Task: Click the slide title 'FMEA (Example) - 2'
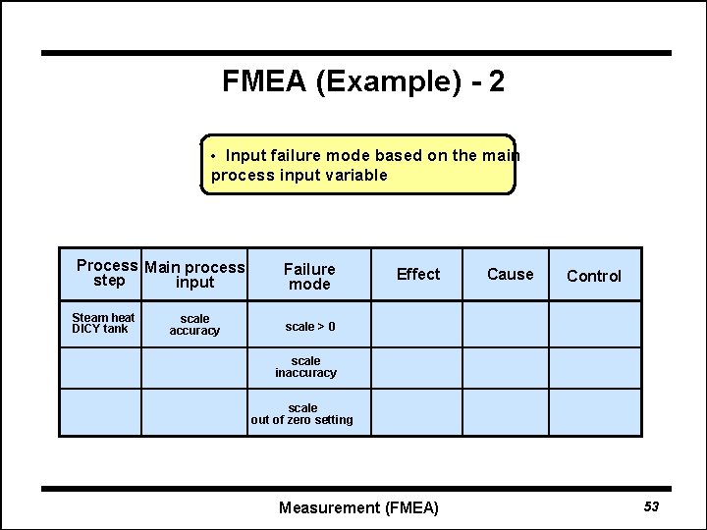[363, 81]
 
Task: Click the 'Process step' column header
[108, 273]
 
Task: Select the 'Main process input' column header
[194, 275]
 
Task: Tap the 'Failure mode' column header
[309, 276]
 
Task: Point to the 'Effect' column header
[418, 274]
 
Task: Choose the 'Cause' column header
[511, 274]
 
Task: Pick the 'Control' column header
[594, 276]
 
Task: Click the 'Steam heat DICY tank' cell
[103, 323]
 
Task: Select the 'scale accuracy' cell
[194, 325]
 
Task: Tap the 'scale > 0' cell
[309, 326]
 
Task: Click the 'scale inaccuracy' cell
[305, 367]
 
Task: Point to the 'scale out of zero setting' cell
[302, 414]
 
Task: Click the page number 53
[651, 506]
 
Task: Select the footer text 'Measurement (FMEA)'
[358, 507]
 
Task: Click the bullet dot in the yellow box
[214, 156]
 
